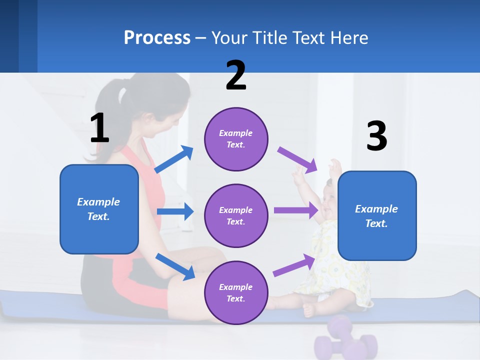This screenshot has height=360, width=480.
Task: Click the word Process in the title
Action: coord(157,38)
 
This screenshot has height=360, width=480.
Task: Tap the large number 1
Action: coord(99,128)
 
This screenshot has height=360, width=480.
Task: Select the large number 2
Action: coord(236,75)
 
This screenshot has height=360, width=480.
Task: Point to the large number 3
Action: coord(376,136)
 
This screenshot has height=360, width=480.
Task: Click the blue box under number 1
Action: coord(99,209)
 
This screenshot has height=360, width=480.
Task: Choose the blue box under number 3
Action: coord(377,215)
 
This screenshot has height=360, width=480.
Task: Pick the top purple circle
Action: coord(236,139)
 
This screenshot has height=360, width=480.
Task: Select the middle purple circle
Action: coord(236,215)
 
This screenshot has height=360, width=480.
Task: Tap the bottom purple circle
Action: coord(236,292)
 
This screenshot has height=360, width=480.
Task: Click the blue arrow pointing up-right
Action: coord(174,159)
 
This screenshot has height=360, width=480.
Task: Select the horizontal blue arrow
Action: coord(175,211)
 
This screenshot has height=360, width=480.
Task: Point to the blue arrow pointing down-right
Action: coord(175,266)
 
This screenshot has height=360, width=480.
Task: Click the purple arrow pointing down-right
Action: coord(297,159)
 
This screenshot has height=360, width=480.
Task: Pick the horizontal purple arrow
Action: coord(296,210)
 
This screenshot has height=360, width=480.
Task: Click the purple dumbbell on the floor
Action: coord(345,340)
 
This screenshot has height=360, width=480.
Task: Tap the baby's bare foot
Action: coord(309,309)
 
